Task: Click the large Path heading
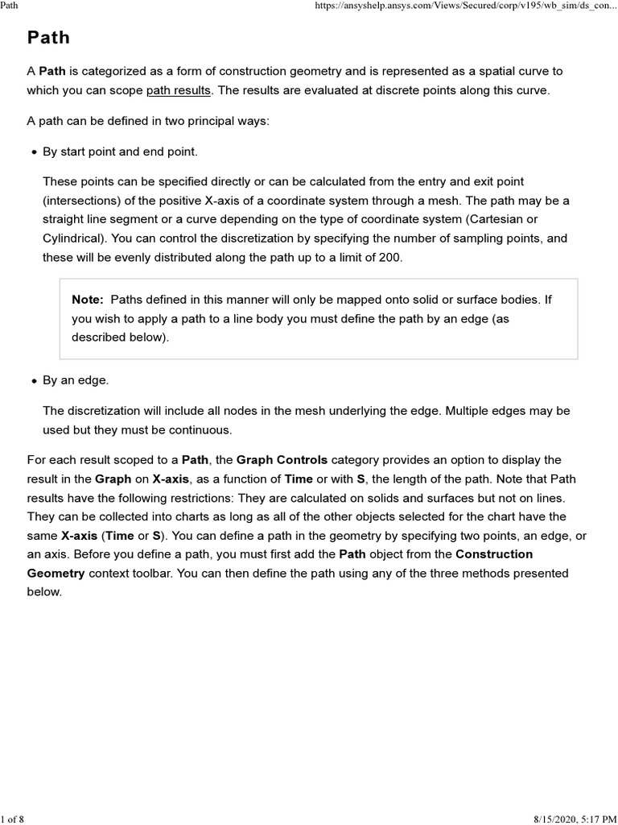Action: [x=48, y=38]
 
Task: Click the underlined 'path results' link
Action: [x=178, y=90]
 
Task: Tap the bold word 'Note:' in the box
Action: [x=88, y=300]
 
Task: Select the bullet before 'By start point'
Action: [x=34, y=152]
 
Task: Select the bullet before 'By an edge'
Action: [x=34, y=380]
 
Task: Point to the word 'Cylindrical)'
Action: [x=74, y=238]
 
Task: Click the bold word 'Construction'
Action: [x=494, y=554]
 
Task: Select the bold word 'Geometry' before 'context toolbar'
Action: [x=56, y=573]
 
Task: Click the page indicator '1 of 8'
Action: [x=13, y=819]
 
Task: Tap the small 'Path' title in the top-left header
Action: [x=10, y=6]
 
